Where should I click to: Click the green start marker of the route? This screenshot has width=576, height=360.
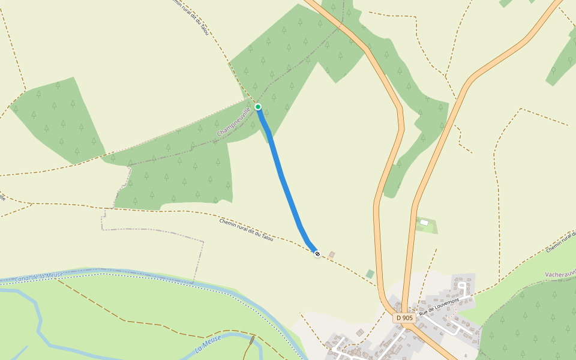(x=258, y=107)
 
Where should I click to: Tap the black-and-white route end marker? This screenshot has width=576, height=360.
(x=317, y=254)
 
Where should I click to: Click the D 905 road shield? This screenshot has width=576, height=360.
(x=404, y=317)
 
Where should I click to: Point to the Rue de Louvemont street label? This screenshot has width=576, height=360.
(x=439, y=306)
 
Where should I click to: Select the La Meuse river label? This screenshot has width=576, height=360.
(x=208, y=344)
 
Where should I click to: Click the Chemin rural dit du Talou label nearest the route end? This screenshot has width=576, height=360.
(x=246, y=230)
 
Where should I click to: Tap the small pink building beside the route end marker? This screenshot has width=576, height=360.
(x=331, y=254)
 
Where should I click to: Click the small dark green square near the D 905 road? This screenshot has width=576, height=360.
(x=370, y=274)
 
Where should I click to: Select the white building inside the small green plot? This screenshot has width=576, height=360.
(x=424, y=223)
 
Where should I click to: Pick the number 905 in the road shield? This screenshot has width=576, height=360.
(x=407, y=317)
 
